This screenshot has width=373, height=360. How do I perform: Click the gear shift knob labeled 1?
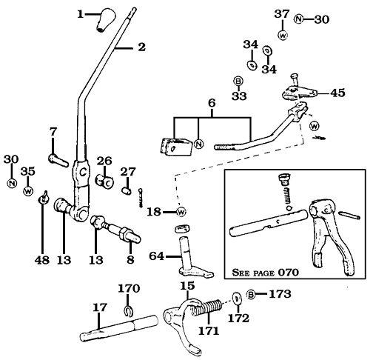pyautogui.click(x=107, y=21)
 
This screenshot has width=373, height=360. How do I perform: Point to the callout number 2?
pyautogui.click(x=141, y=47)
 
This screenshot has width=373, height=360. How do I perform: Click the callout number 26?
pyautogui.click(x=104, y=159)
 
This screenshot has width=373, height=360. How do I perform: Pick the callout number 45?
pyautogui.click(x=337, y=93)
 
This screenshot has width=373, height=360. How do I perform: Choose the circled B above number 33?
pyautogui.click(x=239, y=80)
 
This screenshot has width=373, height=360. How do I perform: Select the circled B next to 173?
pyautogui.click(x=251, y=295)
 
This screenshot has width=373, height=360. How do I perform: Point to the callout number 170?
pyautogui.click(x=129, y=288)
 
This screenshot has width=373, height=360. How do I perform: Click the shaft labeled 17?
pyautogui.click(x=118, y=324)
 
